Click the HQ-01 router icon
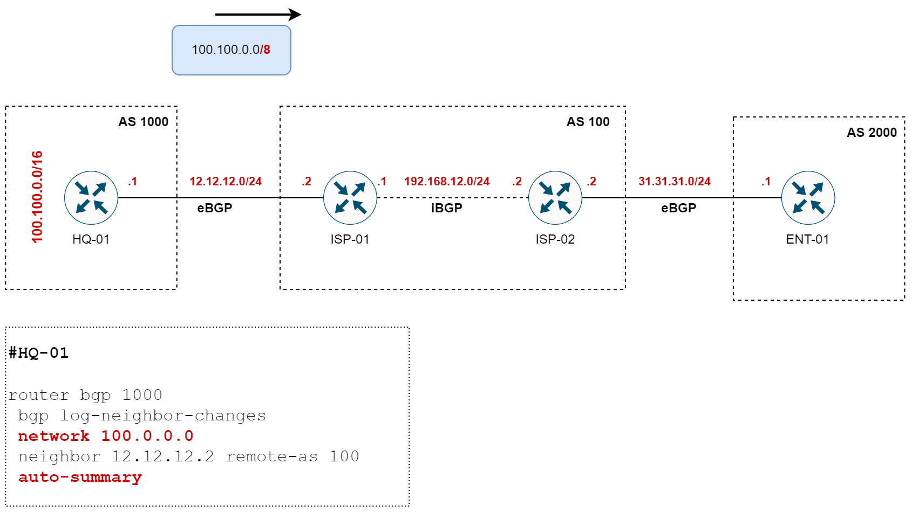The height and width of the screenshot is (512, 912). [x=91, y=198]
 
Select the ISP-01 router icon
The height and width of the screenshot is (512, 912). [x=350, y=198]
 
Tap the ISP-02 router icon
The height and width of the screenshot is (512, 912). [x=555, y=198]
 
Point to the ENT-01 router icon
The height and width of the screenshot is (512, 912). [x=808, y=198]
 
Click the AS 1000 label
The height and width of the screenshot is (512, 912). [x=143, y=122]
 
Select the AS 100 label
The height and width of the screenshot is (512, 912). [x=588, y=122]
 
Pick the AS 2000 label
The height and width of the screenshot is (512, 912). [x=872, y=133]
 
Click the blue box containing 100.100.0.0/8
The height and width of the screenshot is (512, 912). [x=232, y=50]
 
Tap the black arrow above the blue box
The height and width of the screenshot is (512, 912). [x=258, y=15]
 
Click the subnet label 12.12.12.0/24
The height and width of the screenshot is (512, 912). [x=226, y=182]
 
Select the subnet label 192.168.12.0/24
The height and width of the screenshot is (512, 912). [x=447, y=182]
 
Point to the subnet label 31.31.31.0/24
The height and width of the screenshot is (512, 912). [x=675, y=182]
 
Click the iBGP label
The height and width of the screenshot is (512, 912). [x=447, y=208]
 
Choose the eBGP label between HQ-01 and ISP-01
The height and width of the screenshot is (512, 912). [x=215, y=208]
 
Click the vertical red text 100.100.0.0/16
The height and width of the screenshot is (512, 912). [x=37, y=197]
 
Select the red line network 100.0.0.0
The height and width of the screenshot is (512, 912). [x=106, y=436]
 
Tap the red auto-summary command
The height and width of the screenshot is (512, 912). [x=80, y=478]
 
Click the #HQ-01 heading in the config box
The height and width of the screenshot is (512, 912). [x=39, y=353]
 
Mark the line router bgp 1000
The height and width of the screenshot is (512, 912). [x=85, y=395]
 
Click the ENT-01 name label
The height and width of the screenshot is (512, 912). [x=807, y=239]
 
